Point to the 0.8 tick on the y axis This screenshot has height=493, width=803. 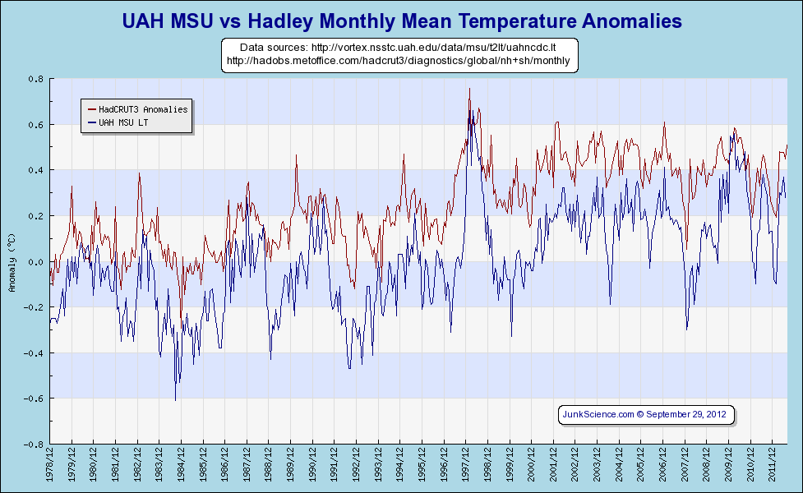tap(37, 79)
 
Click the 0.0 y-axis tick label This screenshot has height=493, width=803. tap(37, 262)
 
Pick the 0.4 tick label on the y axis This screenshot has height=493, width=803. tap(37, 170)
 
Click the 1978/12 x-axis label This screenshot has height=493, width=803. tap(50, 468)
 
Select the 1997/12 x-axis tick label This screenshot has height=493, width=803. tap(465, 468)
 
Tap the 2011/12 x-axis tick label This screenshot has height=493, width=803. tap(771, 468)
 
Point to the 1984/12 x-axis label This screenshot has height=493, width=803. tap(182, 468)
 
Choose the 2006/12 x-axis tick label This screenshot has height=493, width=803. tap(662, 468)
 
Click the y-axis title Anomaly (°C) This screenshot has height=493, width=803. tap(12, 262)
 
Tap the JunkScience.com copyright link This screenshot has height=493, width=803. tap(645, 414)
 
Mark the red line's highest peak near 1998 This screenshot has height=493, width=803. tap(469, 89)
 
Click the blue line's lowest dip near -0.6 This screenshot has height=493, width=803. tap(175, 399)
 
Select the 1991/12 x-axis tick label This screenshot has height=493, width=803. tap(335, 468)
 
